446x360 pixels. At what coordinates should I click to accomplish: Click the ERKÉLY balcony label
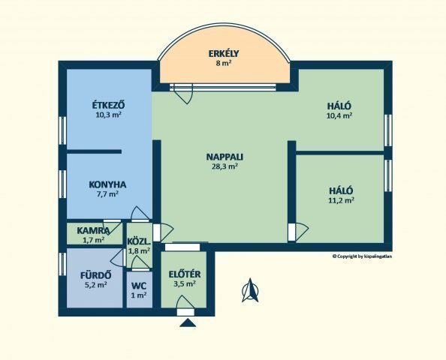(x=224, y=53)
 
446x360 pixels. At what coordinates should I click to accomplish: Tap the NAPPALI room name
(x=225, y=157)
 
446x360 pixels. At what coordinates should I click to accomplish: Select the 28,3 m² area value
(x=225, y=166)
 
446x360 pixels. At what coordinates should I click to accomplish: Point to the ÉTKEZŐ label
(x=108, y=105)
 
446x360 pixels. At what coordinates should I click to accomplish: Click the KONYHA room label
(x=107, y=184)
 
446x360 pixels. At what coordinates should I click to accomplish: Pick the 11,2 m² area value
(x=341, y=200)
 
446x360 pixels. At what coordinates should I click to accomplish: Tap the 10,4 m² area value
(x=339, y=115)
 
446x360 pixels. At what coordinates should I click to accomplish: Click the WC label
(x=139, y=285)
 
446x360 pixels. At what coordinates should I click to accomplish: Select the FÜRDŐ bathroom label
(x=95, y=275)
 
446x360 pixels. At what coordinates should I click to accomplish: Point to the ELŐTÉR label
(x=185, y=274)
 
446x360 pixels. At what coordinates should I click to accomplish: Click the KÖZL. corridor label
(x=139, y=241)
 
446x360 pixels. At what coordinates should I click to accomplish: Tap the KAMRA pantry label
(x=93, y=230)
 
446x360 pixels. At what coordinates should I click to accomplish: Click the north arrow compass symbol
(x=250, y=290)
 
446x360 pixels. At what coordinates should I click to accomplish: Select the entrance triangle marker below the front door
(x=188, y=322)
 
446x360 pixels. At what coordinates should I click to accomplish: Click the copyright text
(x=362, y=256)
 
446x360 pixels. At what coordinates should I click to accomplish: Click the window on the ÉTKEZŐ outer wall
(x=62, y=130)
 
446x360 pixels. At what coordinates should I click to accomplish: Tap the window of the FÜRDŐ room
(x=62, y=264)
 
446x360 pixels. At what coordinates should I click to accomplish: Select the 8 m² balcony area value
(x=224, y=63)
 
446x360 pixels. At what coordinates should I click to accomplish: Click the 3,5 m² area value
(x=185, y=283)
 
